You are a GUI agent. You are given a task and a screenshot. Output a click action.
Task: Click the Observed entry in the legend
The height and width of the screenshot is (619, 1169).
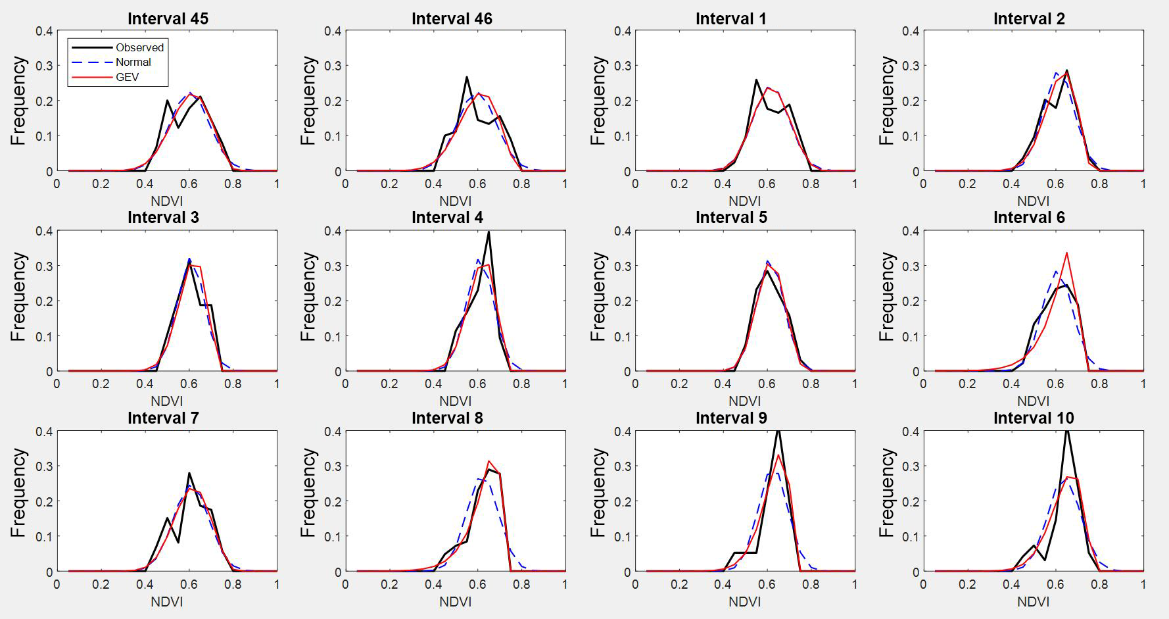[x=139, y=47]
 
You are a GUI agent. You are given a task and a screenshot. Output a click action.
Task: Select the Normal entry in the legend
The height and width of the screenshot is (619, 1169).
[x=133, y=62]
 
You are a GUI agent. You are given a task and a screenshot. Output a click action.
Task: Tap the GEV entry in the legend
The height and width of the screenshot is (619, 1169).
[x=127, y=77]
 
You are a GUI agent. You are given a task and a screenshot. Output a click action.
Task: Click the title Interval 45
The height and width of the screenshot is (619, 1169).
[x=168, y=18]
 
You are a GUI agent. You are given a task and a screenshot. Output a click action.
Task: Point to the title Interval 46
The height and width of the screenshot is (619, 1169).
[x=452, y=18]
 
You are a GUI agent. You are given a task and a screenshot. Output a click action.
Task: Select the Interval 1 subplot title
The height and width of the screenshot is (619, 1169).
[x=731, y=18]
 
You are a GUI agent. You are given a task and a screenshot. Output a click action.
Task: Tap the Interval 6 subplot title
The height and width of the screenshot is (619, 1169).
[x=1029, y=218]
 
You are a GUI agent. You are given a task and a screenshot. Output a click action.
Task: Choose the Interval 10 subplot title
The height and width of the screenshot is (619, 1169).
[x=1033, y=418]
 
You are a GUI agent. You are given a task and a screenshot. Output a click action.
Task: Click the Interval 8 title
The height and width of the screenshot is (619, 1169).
[x=447, y=418]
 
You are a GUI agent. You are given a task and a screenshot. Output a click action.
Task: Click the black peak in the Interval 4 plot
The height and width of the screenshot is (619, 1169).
[x=489, y=232]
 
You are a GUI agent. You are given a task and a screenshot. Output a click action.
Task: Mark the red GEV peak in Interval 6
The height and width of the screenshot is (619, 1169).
[x=1066, y=253]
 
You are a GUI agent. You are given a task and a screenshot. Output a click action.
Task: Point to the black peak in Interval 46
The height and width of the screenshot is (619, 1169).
[x=467, y=78]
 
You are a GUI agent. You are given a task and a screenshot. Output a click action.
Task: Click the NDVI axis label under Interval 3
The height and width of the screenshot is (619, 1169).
[x=167, y=401]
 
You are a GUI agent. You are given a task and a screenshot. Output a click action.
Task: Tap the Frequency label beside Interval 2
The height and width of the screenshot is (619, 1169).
[x=887, y=101]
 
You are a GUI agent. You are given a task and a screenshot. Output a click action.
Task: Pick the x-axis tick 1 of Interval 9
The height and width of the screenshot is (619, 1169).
[x=855, y=584]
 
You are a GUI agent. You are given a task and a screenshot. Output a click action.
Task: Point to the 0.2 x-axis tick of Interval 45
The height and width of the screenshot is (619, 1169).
[x=101, y=184]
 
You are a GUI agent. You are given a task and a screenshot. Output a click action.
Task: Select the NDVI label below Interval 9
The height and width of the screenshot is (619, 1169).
[x=745, y=602]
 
